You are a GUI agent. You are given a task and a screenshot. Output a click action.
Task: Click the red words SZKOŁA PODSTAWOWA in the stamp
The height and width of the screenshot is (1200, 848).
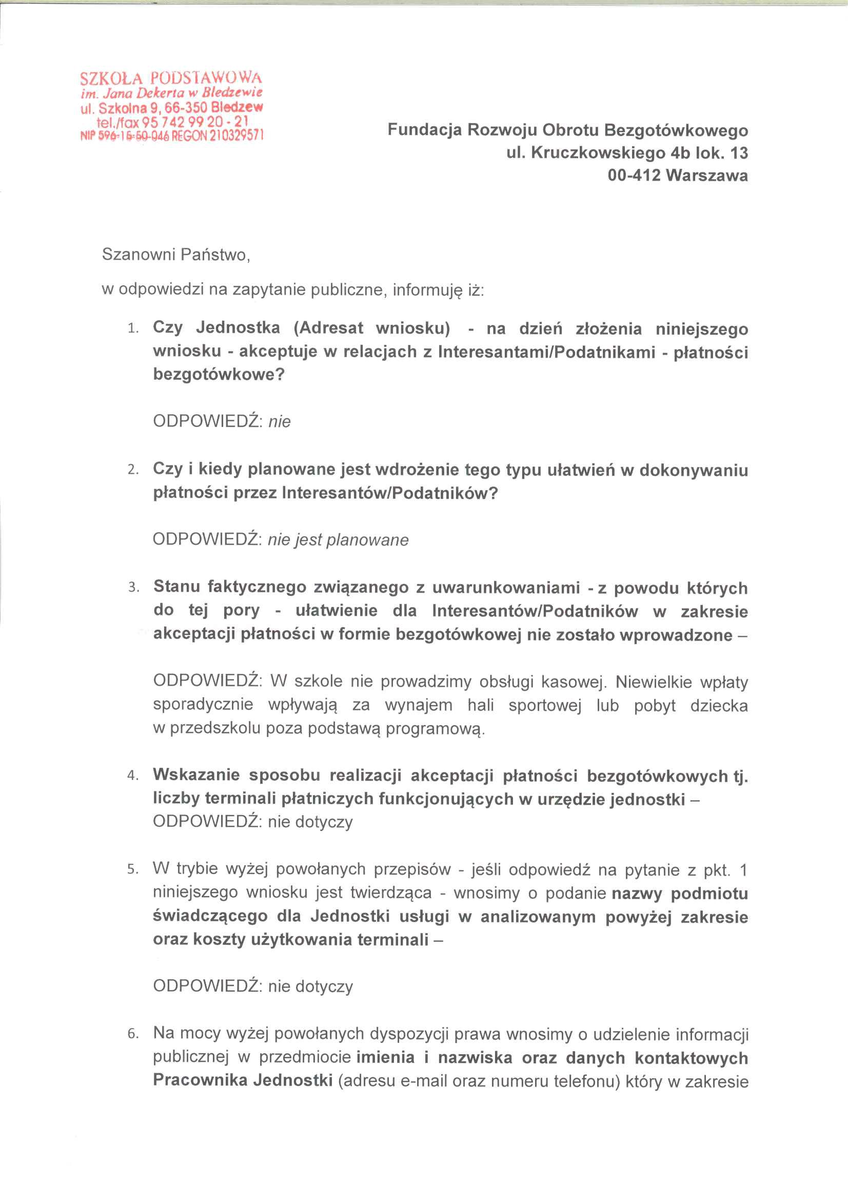[171, 79]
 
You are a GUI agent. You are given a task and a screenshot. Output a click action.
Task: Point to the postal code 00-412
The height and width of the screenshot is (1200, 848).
[634, 175]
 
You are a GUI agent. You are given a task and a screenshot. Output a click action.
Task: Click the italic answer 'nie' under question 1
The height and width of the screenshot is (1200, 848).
[279, 421]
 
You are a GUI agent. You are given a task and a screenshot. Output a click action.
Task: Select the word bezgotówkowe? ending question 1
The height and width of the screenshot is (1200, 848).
[219, 374]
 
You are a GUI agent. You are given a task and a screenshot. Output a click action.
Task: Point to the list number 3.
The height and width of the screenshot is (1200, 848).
[133, 588]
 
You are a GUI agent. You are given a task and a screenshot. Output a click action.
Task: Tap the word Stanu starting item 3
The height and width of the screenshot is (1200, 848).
[176, 587]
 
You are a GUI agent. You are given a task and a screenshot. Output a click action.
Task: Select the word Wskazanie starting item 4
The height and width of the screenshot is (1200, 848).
[196, 775]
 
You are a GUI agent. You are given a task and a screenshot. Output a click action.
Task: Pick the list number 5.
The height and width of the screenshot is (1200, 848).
[133, 869]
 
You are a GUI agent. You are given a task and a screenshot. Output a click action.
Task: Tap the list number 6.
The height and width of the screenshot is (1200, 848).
[133, 1034]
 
